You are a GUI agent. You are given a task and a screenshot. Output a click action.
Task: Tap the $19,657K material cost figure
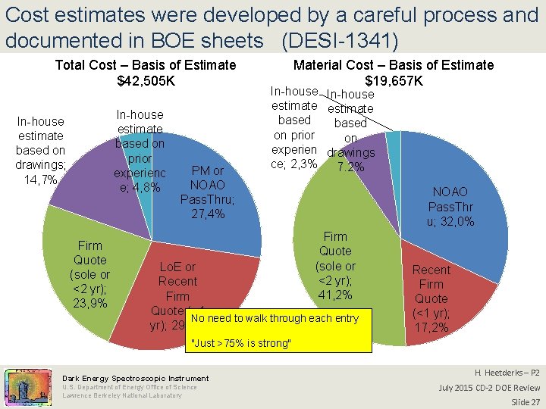point(394,81)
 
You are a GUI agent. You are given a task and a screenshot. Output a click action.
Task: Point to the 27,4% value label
point(207,214)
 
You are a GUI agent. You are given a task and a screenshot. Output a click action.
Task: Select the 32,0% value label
point(451,222)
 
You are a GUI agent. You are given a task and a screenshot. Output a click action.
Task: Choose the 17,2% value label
point(431,328)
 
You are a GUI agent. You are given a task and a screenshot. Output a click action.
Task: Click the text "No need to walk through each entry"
point(274,319)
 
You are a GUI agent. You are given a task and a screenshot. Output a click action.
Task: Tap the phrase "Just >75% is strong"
point(241,344)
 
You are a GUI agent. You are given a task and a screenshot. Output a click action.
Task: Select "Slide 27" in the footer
point(525,401)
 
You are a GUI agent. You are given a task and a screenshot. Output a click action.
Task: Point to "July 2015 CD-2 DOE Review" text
point(489,388)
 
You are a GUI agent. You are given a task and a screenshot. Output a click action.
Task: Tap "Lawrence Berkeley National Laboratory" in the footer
point(121,395)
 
